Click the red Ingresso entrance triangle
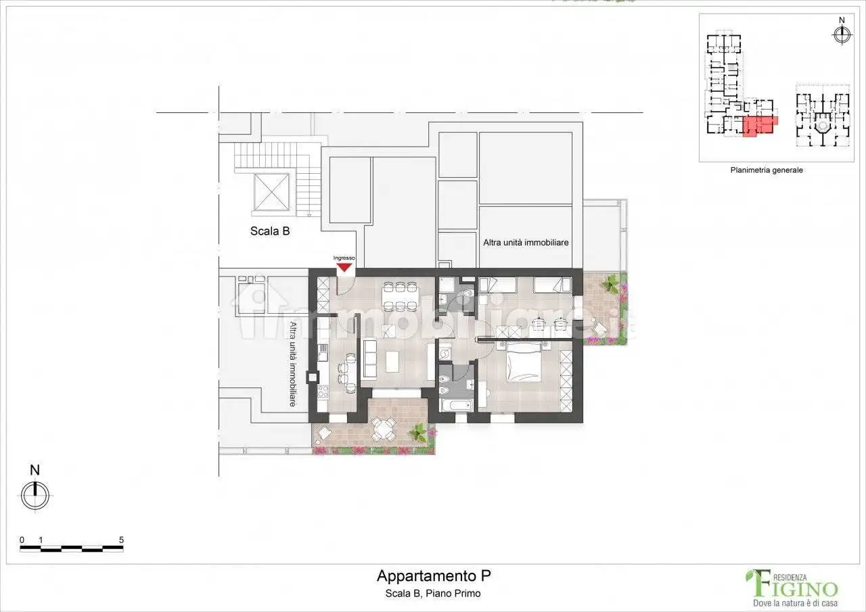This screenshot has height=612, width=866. point(344,266)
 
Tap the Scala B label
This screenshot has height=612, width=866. point(270,231)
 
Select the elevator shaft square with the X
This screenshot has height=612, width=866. point(270,192)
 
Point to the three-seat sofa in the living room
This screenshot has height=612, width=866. point(370,358)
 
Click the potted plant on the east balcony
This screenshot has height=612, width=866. point(612,282)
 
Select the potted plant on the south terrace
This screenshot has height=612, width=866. point(419,431)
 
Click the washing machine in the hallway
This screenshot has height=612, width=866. point(445,352)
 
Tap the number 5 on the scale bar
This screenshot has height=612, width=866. point(121,540)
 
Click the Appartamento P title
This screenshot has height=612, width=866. point(433,576)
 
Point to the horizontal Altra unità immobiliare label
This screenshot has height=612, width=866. point(525,242)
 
